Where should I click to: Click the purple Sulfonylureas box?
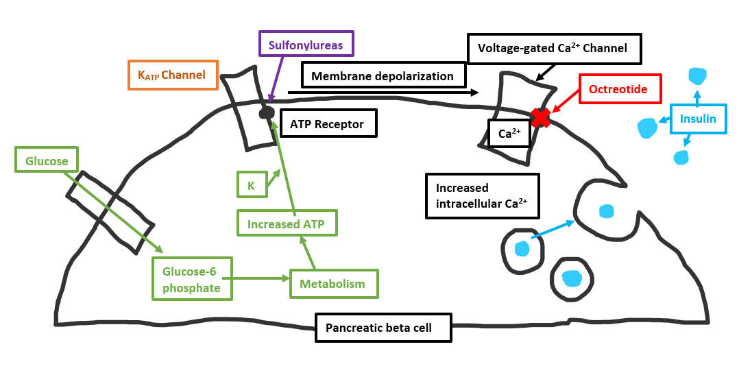click(x=306, y=45)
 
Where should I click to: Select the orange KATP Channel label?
click(x=171, y=75)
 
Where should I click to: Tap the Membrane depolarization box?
click(x=383, y=75)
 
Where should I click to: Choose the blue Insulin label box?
click(x=698, y=119)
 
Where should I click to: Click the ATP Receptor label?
click(x=328, y=124)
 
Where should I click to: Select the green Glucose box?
click(x=47, y=161)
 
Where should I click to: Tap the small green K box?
click(x=251, y=185)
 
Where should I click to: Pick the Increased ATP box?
click(x=287, y=223)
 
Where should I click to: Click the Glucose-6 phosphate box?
click(x=192, y=279)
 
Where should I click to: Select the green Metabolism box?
click(x=334, y=283)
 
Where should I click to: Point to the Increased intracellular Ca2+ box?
click(x=482, y=195)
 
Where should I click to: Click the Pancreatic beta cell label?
click(x=384, y=327)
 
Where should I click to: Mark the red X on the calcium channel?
click(x=541, y=118)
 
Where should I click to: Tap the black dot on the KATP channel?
click(x=266, y=112)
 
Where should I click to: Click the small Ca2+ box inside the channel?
click(x=509, y=134)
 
